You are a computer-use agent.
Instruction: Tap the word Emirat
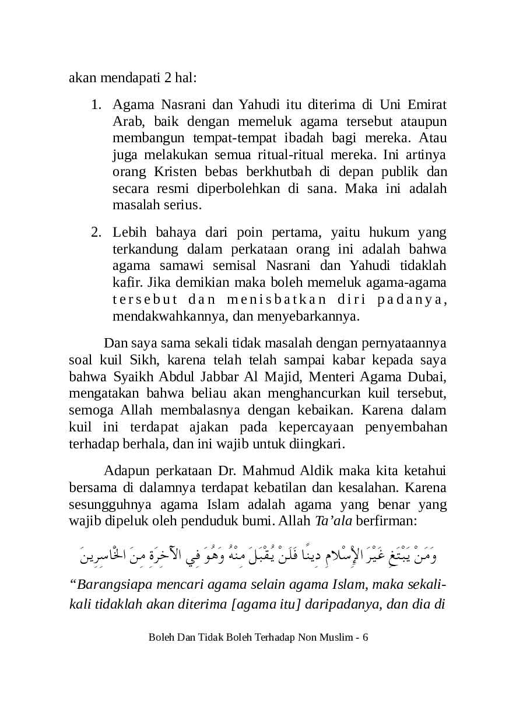426,106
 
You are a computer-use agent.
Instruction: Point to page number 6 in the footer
365,637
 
